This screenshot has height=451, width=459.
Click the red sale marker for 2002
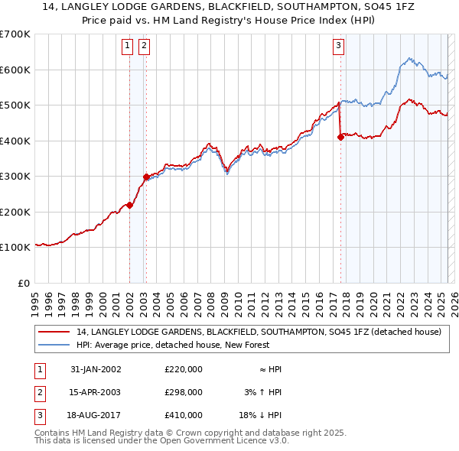(130, 205)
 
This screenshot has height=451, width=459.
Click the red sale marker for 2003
(146, 177)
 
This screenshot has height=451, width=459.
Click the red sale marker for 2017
(340, 138)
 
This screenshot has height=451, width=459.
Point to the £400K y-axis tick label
(15, 141)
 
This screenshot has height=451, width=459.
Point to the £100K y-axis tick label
(15, 248)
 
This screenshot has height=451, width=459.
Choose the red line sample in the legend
(54, 333)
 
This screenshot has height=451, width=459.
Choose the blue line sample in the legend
(54, 345)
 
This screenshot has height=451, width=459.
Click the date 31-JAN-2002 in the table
(96, 369)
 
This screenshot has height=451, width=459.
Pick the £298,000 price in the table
(183, 392)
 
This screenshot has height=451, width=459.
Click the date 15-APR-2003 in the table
(96, 392)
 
